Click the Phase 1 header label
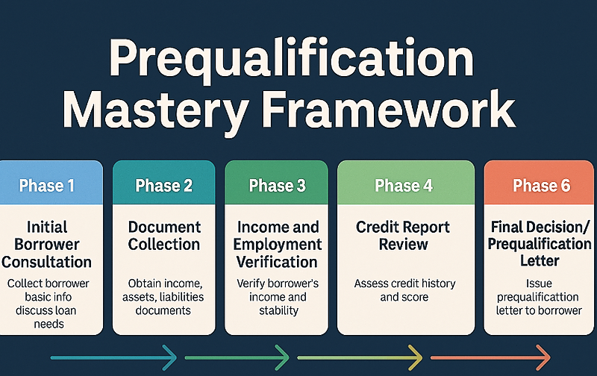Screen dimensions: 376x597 click(46, 186)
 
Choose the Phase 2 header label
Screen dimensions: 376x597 click(164, 186)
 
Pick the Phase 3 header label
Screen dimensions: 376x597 click(277, 186)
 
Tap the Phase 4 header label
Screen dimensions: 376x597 click(404, 186)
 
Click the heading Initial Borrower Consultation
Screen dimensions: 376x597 click(46, 244)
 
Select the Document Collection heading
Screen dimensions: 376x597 click(164, 235)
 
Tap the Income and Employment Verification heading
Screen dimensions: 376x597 click(277, 244)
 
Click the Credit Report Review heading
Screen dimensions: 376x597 click(404, 235)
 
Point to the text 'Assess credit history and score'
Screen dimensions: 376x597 click(404, 290)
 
